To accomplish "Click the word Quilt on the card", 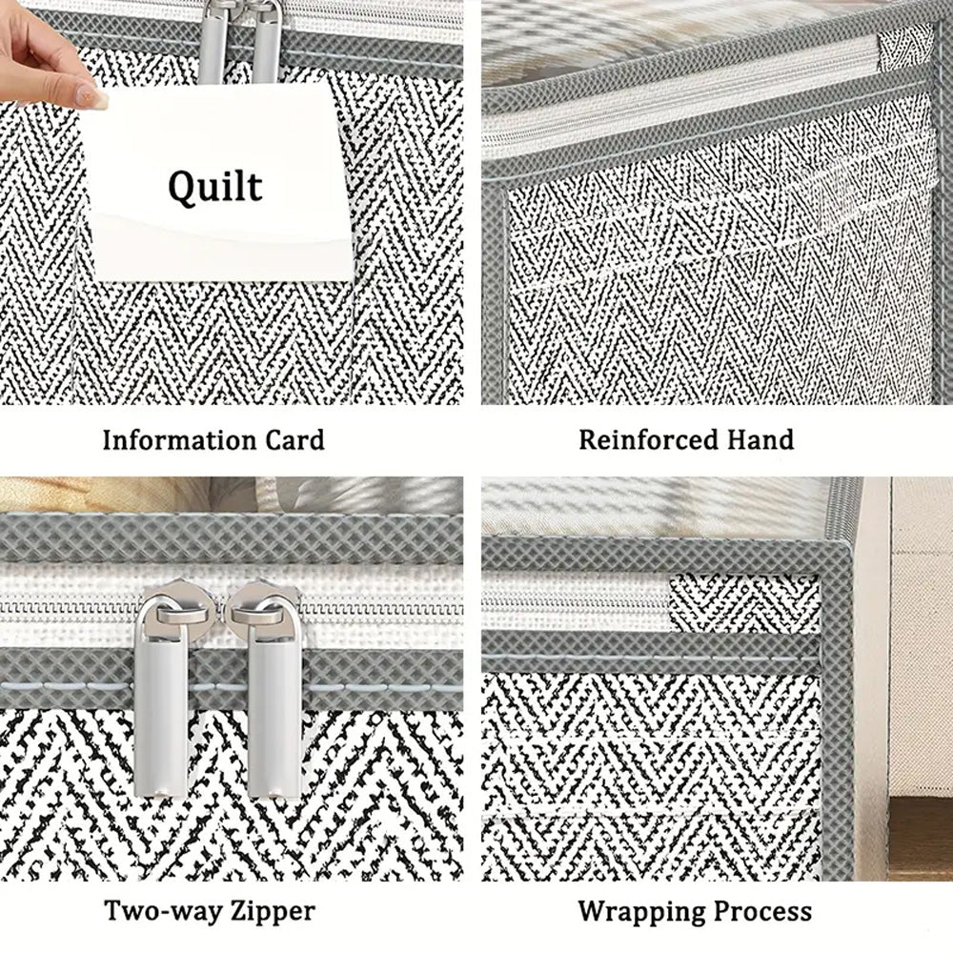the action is tap(215, 186).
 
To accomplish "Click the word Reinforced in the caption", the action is tap(648, 439).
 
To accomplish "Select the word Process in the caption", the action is tap(762, 910).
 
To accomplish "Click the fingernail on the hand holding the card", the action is tap(91, 96).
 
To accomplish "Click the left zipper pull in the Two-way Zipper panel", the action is tap(162, 691).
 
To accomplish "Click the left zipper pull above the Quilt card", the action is tap(212, 43).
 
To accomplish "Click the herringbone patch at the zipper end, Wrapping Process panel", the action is tap(744, 603).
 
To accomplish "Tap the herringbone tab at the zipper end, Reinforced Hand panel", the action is tap(904, 47).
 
